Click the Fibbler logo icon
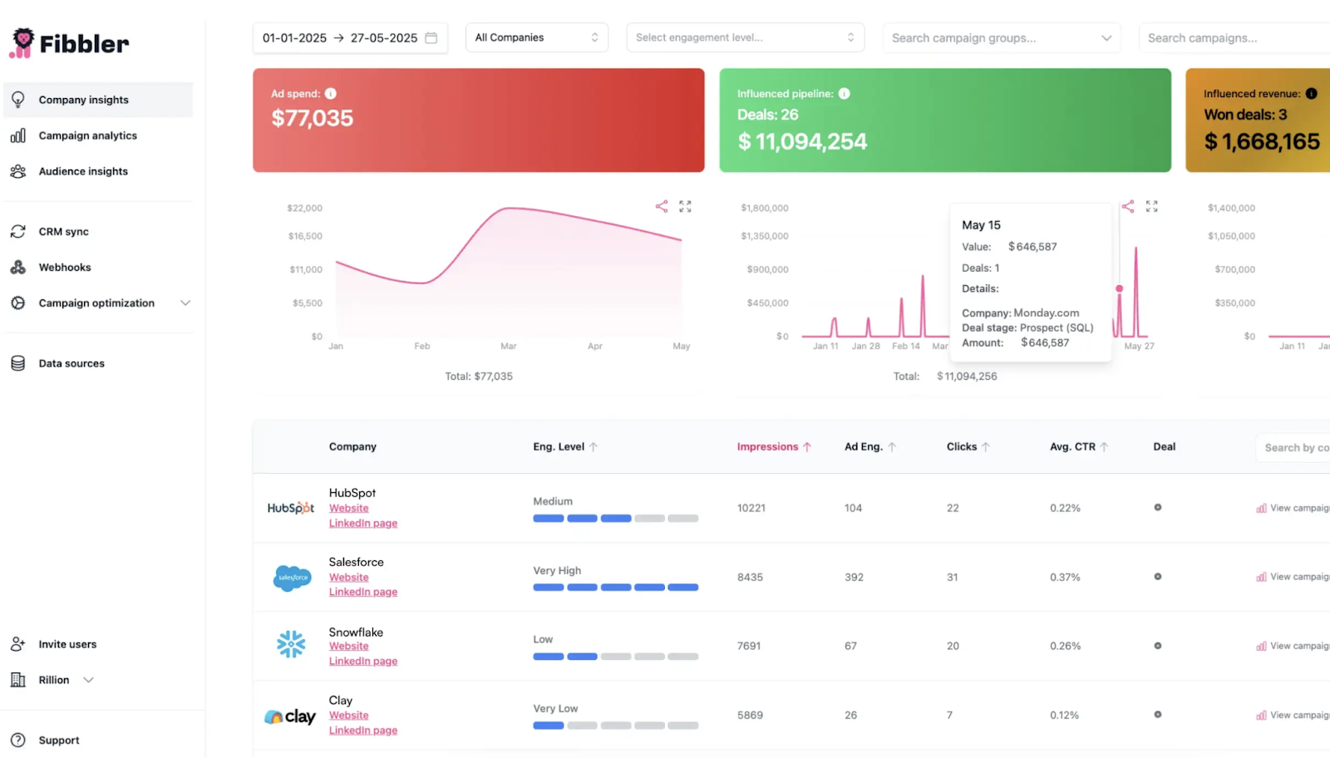(22, 42)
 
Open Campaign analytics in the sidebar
(87, 135)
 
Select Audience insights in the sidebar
(83, 171)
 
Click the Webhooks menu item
(65, 268)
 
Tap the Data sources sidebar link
(71, 363)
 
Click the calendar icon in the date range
(431, 38)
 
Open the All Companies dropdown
(536, 37)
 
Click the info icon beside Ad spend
(331, 94)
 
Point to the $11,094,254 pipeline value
(802, 142)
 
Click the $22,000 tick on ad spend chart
(304, 208)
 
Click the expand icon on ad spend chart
(685, 206)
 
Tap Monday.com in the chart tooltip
(1046, 313)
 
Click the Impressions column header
(767, 447)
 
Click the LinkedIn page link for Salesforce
(362, 592)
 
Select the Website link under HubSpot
(348, 508)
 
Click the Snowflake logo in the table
(291, 644)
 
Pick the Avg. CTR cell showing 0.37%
(1065, 577)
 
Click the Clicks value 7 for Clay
(949, 715)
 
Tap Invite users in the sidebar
(67, 644)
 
